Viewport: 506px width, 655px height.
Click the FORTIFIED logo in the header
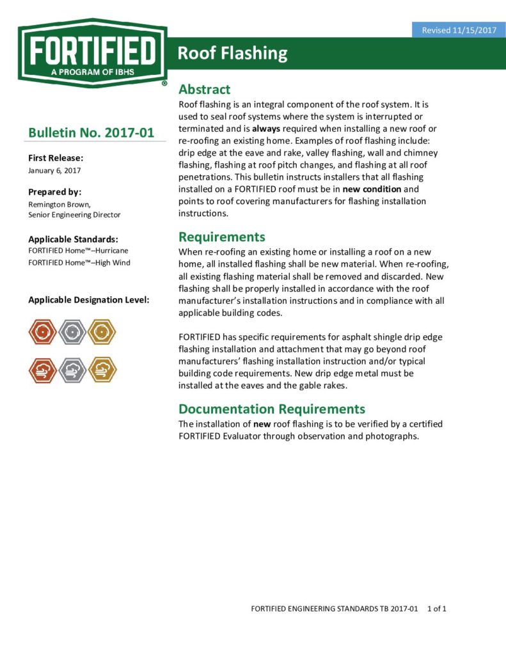93,54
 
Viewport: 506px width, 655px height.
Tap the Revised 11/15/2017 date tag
459,30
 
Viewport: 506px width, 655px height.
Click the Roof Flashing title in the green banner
232,53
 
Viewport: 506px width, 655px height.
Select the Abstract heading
204,90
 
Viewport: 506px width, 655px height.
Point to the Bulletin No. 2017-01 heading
91,133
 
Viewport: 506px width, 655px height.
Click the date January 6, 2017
54,170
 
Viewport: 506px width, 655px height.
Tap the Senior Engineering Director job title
74,215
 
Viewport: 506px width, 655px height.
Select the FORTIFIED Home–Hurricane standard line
78,251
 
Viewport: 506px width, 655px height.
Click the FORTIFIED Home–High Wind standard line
79,262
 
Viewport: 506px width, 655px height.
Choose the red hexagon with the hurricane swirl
43,332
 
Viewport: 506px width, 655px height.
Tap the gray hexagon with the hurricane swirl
72,332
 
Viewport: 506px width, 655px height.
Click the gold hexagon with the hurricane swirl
102,332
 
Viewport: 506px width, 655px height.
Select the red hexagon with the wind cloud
43,370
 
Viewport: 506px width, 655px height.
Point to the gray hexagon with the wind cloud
72,370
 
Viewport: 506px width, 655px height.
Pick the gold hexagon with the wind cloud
102,370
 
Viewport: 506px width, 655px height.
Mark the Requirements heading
221,237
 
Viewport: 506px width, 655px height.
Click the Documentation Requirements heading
272,409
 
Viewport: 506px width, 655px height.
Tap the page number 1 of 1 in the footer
436,608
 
